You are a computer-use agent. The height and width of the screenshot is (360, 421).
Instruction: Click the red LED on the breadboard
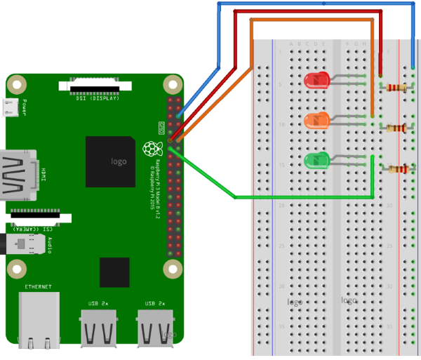317,80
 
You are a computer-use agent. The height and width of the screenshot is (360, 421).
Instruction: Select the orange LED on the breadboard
317,121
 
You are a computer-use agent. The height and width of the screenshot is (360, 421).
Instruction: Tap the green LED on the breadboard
317,161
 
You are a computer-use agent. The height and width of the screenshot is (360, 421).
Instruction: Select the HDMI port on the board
20,174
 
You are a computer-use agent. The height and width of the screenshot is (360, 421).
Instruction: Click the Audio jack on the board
28,246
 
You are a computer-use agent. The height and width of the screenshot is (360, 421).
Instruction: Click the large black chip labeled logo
110,161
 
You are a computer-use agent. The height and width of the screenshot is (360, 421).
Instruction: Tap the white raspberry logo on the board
149,148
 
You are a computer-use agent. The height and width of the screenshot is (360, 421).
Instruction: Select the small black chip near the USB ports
114,272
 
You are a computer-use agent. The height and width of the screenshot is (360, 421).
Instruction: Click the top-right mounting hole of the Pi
171,86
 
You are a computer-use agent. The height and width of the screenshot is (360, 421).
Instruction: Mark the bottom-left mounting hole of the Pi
15,267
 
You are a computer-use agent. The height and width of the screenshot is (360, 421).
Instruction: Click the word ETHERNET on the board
38,287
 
